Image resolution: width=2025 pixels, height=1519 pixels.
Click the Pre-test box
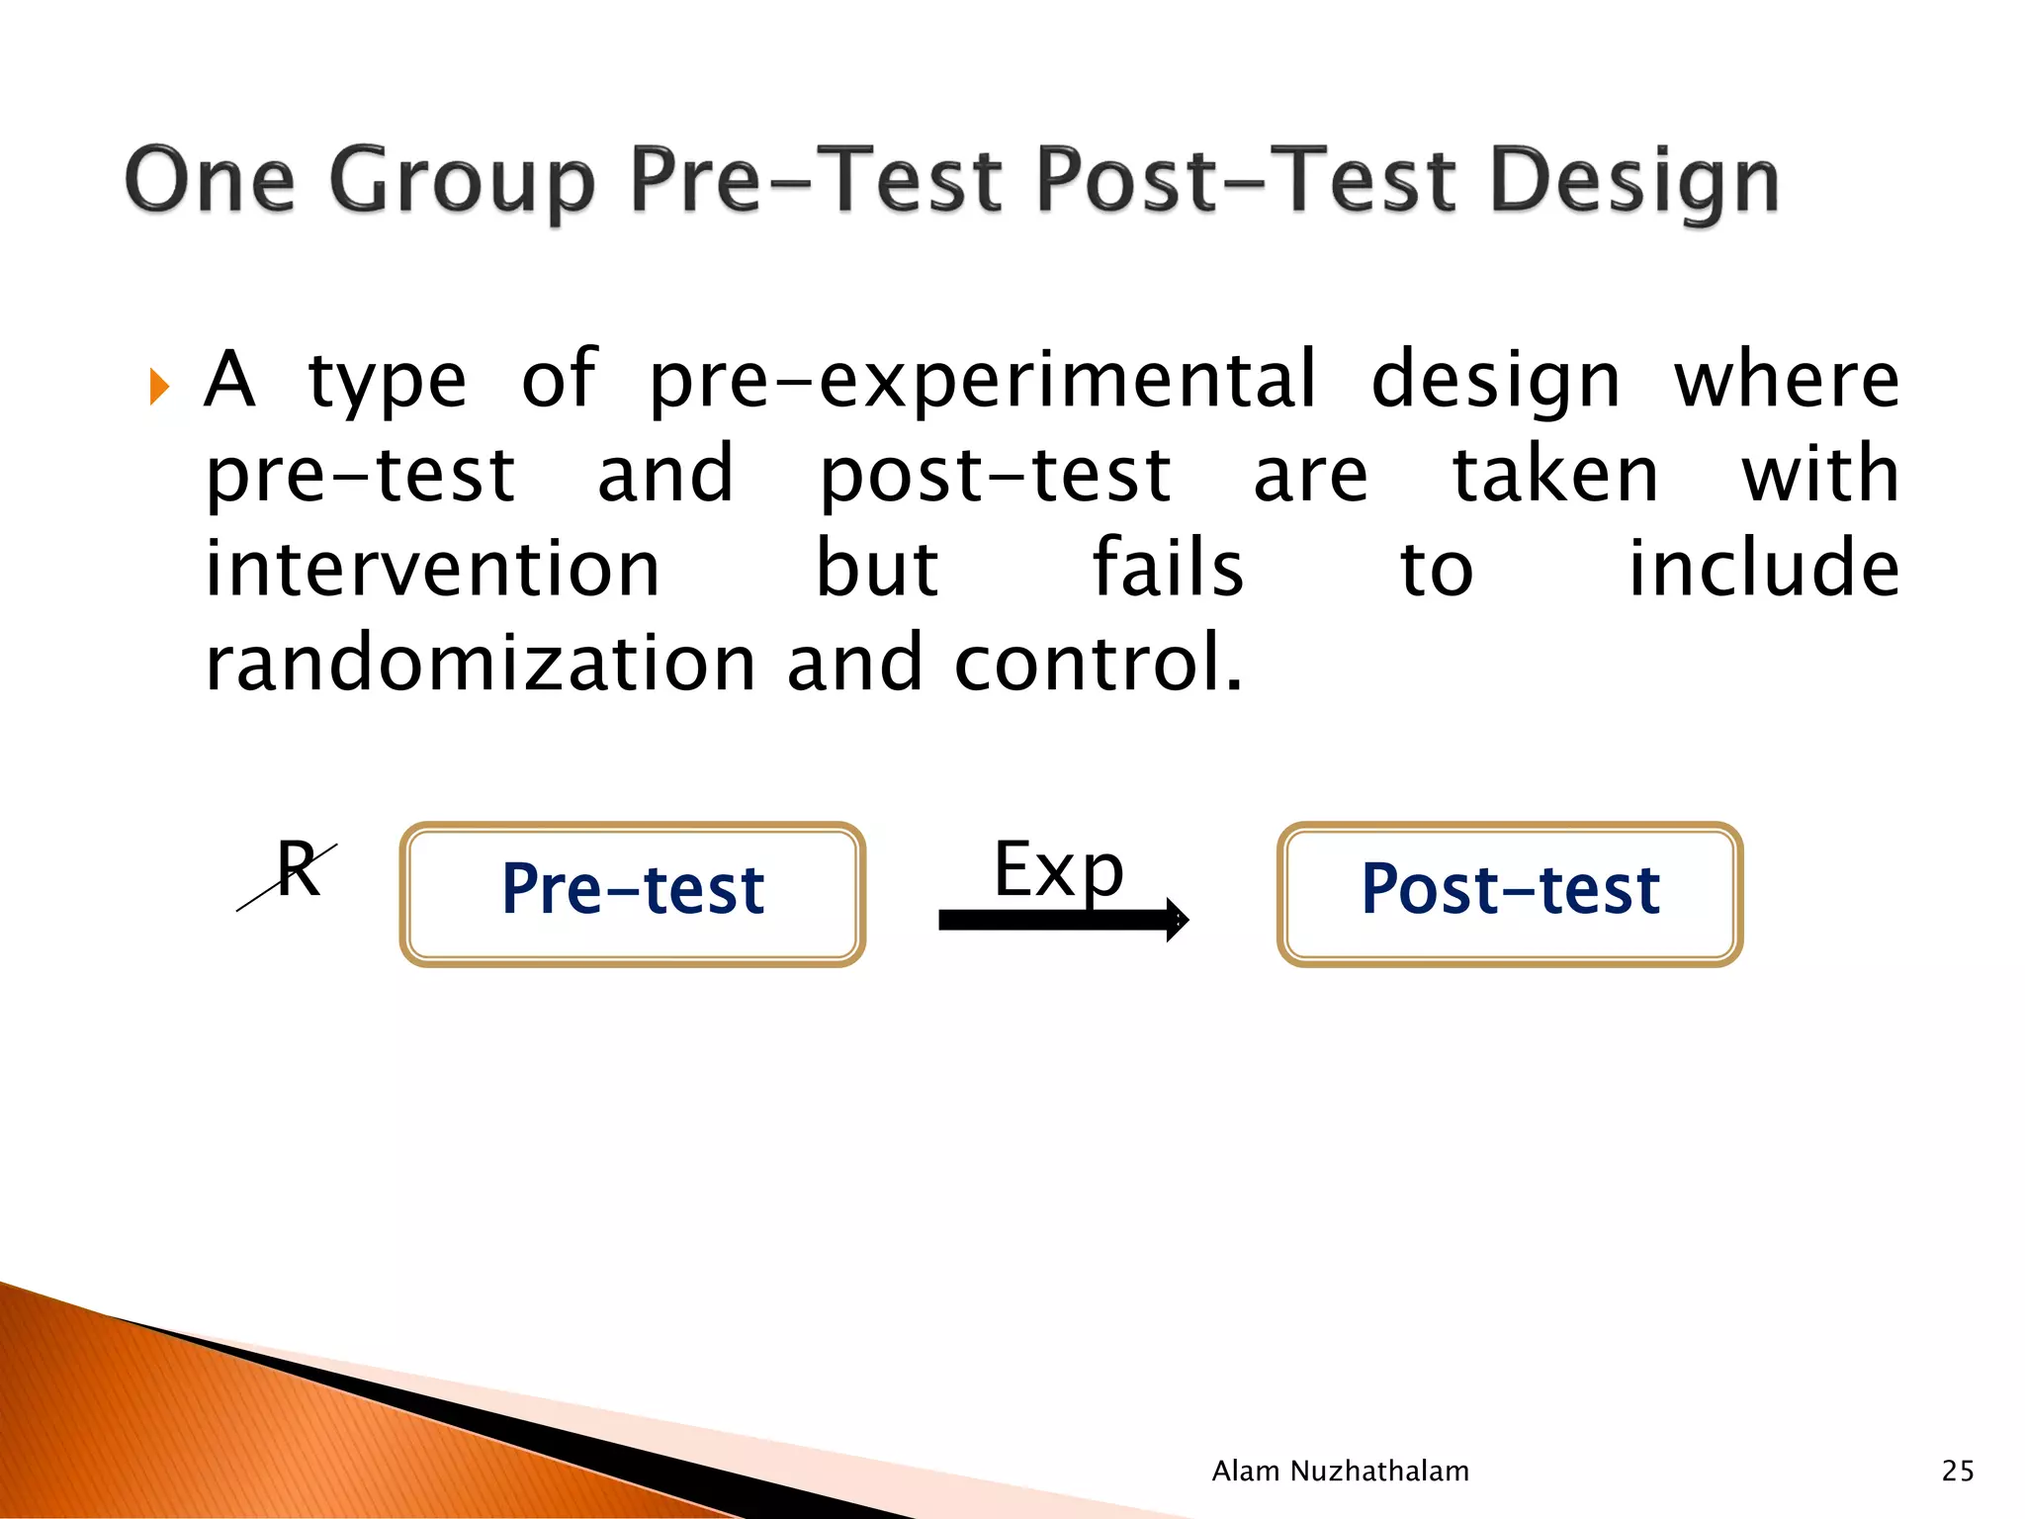633,894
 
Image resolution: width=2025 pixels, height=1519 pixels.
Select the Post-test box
1510,894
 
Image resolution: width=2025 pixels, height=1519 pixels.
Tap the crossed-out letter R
297,870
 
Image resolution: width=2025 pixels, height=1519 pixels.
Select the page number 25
1958,1472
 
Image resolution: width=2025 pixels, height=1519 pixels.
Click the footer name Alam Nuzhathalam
1340,1472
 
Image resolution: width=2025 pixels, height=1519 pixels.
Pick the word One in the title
210,181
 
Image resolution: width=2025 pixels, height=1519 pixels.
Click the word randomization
481,664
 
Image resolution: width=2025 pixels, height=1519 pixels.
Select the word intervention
432,570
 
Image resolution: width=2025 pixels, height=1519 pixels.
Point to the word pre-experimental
983,381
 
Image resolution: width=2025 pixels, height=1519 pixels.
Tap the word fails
1168,570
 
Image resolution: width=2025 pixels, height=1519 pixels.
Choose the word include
1763,570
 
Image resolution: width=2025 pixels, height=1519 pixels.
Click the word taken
1554,475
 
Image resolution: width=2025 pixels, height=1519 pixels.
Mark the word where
1786,381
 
